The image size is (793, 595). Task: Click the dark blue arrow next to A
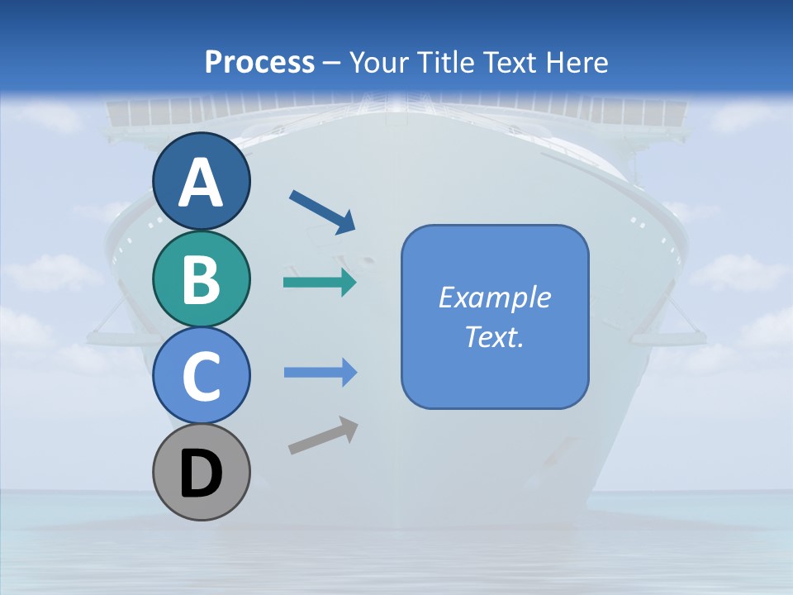pos(322,212)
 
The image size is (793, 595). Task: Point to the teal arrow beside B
pos(320,283)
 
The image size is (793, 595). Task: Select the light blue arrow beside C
pos(320,373)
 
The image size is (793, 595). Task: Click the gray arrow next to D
pos(323,436)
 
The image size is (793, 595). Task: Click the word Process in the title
pos(259,62)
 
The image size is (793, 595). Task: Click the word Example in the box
pos(494,297)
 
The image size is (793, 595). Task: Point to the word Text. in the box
pos(494,336)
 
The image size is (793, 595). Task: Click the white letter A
pos(202,183)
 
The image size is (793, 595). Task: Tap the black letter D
pos(202,474)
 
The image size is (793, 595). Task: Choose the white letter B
pos(202,279)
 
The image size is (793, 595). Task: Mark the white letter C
pos(202,377)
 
